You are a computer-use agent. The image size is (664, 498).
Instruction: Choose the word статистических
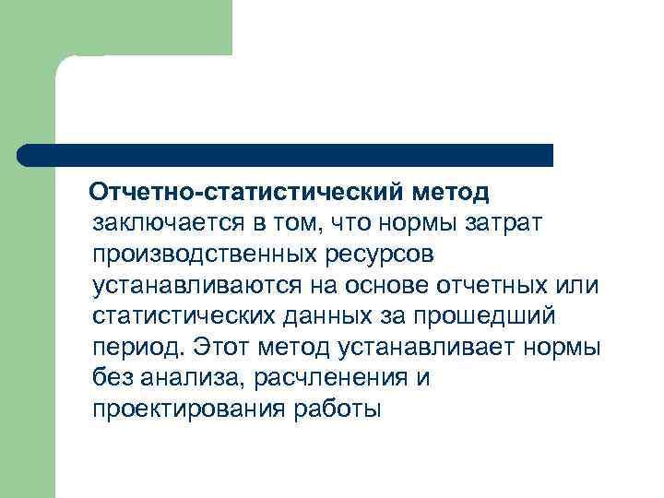[x=184, y=316]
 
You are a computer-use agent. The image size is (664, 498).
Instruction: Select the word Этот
[x=220, y=347]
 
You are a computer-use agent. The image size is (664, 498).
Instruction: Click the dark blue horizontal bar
[x=286, y=155]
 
